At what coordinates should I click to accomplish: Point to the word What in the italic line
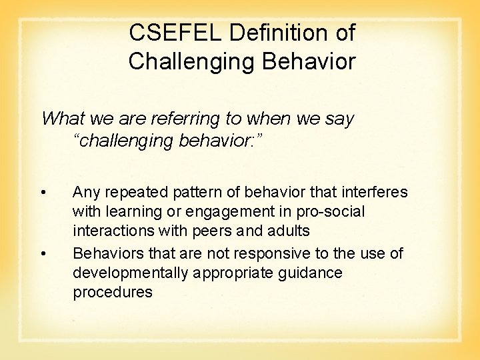(x=61, y=119)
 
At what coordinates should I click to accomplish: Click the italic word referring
(x=185, y=119)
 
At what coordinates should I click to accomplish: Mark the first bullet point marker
(x=43, y=193)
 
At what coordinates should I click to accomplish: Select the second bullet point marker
(x=43, y=254)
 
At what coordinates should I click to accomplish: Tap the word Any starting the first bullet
(x=85, y=193)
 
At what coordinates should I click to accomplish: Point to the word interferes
(x=375, y=193)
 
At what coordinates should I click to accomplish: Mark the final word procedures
(x=113, y=293)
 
